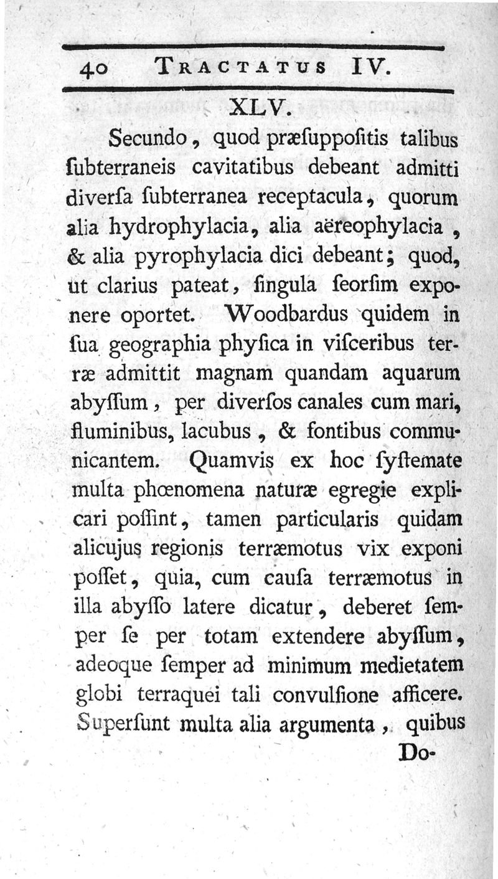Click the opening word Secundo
(x=146, y=138)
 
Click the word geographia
(x=171, y=344)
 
